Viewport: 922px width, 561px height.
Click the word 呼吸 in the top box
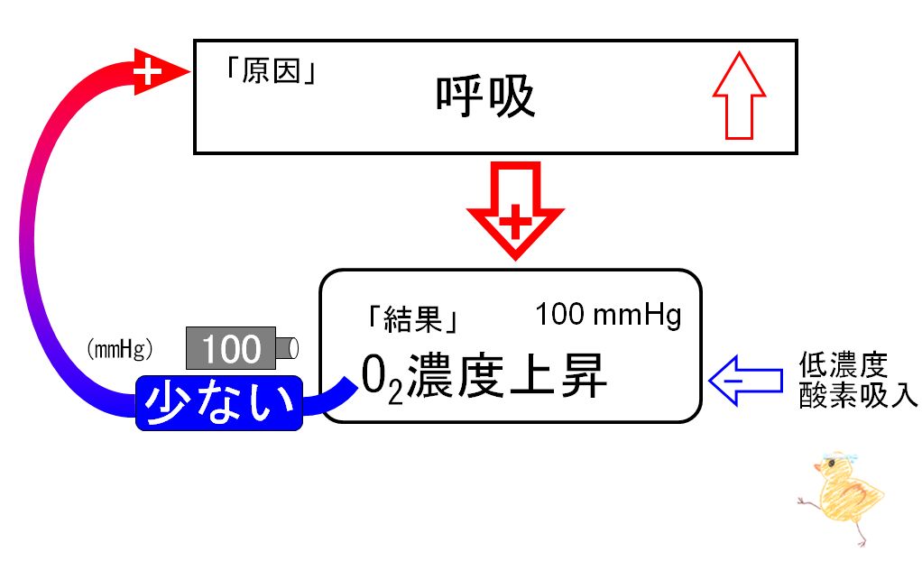point(485,97)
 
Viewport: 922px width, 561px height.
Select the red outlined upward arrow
point(739,96)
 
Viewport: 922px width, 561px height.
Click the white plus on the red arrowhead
point(147,72)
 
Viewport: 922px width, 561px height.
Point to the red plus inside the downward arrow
point(515,221)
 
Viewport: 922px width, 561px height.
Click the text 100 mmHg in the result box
point(608,315)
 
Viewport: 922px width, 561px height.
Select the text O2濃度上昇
point(484,377)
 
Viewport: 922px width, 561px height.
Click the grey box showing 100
point(231,348)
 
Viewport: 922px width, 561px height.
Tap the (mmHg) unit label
point(120,349)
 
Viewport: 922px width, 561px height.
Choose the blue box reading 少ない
point(219,403)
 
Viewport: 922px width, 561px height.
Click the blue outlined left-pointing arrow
point(745,381)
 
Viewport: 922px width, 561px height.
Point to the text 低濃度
point(843,365)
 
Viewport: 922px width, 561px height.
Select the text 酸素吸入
point(858,396)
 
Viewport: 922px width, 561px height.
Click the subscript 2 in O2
point(395,393)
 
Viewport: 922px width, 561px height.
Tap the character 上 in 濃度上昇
point(531,375)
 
